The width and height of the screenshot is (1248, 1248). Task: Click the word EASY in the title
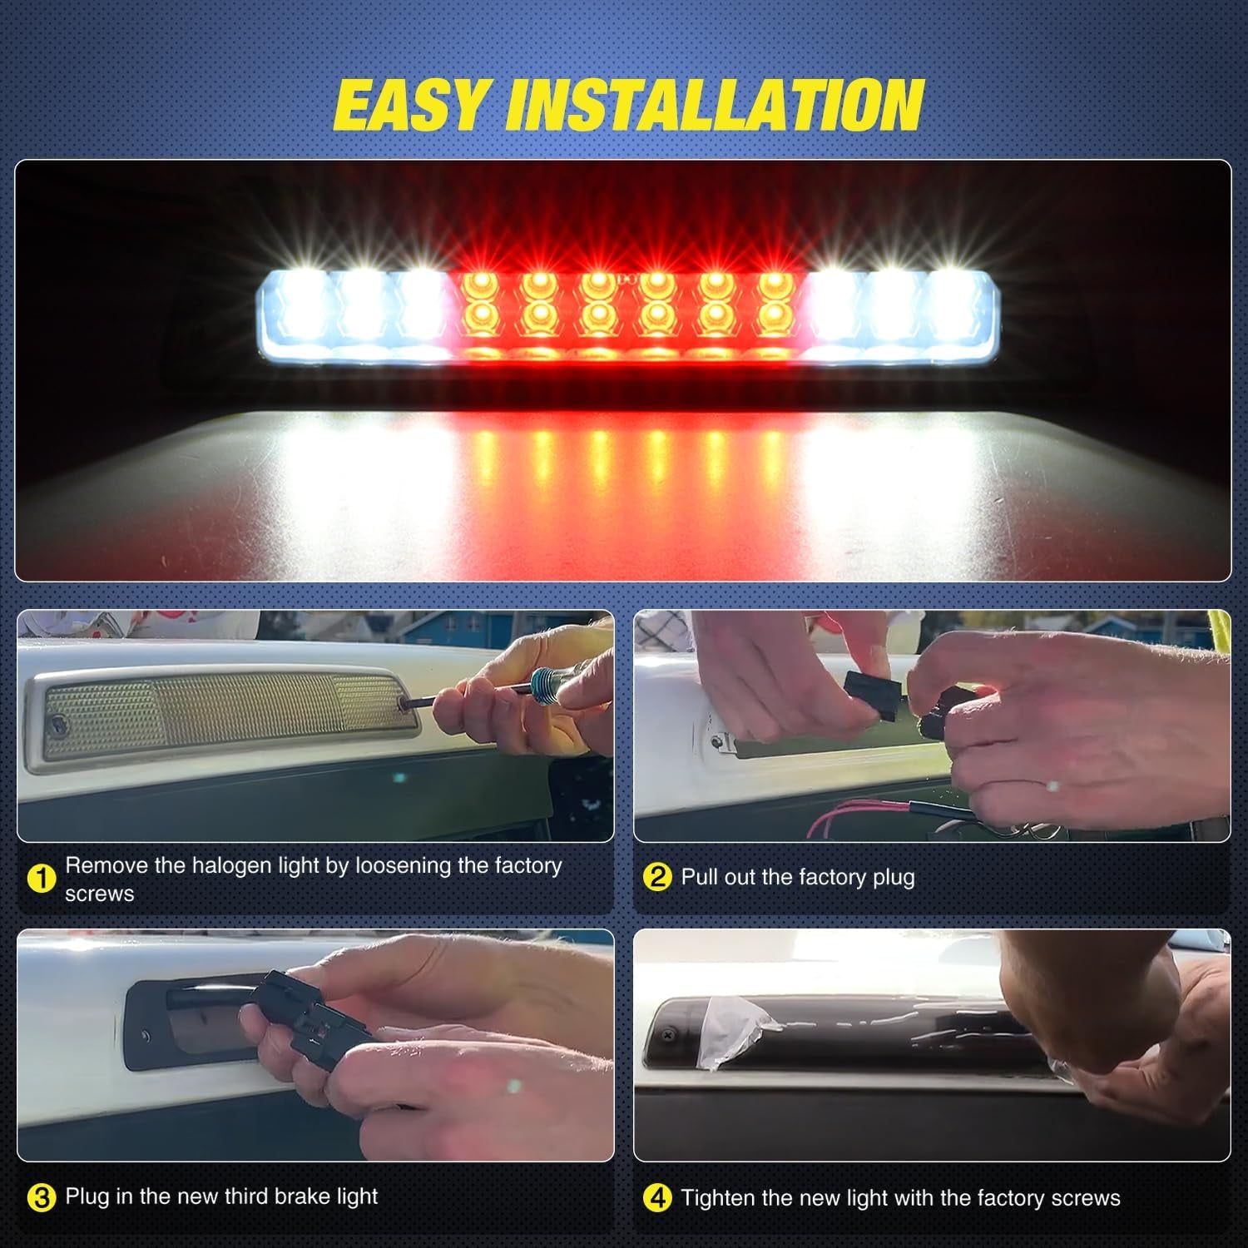[409, 106]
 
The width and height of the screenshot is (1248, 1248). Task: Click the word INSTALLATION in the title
[716, 106]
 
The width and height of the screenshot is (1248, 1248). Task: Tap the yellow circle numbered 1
[41, 879]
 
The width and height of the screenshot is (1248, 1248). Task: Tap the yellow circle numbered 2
[657, 877]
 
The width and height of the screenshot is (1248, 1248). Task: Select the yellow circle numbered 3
[41, 1197]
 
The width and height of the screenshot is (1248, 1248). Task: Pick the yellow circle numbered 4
[657, 1198]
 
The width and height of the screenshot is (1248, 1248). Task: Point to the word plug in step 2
[892, 878]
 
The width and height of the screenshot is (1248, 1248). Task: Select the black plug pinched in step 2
[870, 696]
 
